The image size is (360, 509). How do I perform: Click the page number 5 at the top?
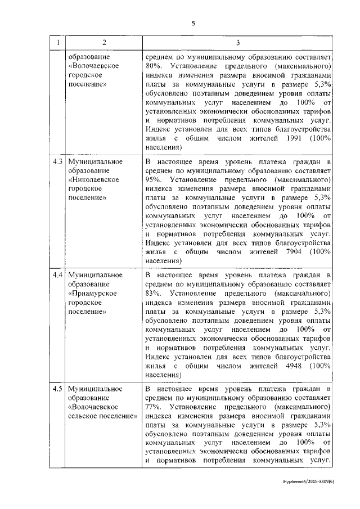(193, 24)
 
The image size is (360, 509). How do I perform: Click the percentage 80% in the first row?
(153, 67)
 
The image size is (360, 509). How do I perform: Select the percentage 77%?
(153, 408)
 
